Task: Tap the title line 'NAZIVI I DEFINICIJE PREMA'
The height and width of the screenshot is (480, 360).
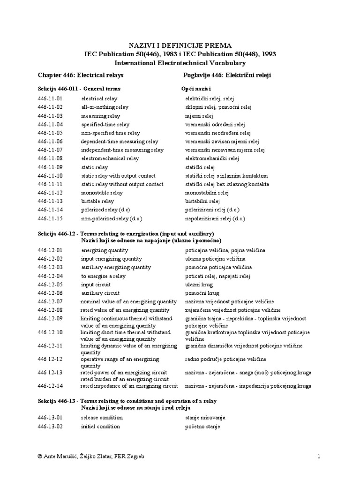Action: tap(180, 45)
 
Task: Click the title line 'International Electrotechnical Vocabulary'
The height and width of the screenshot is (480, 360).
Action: tap(180, 63)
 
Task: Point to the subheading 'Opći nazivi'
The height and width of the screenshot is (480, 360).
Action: tap(196, 89)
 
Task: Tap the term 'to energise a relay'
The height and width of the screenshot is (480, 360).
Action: tap(103, 276)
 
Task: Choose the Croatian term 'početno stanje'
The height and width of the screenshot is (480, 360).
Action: tap(202, 427)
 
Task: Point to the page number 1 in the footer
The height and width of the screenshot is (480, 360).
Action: tap(318, 457)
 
